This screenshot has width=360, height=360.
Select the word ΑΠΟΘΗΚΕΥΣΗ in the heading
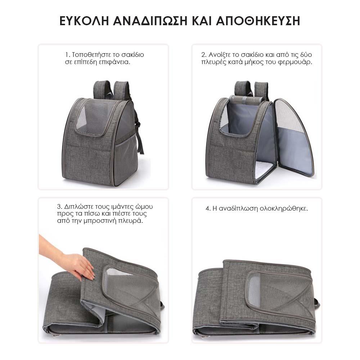pyautogui.click(x=258, y=21)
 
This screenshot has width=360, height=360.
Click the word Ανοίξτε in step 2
pyautogui.click(x=219, y=55)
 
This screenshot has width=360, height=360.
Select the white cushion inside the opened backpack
pyautogui.click(x=264, y=170)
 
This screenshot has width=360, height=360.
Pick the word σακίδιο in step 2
pyautogui.click(x=252, y=55)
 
